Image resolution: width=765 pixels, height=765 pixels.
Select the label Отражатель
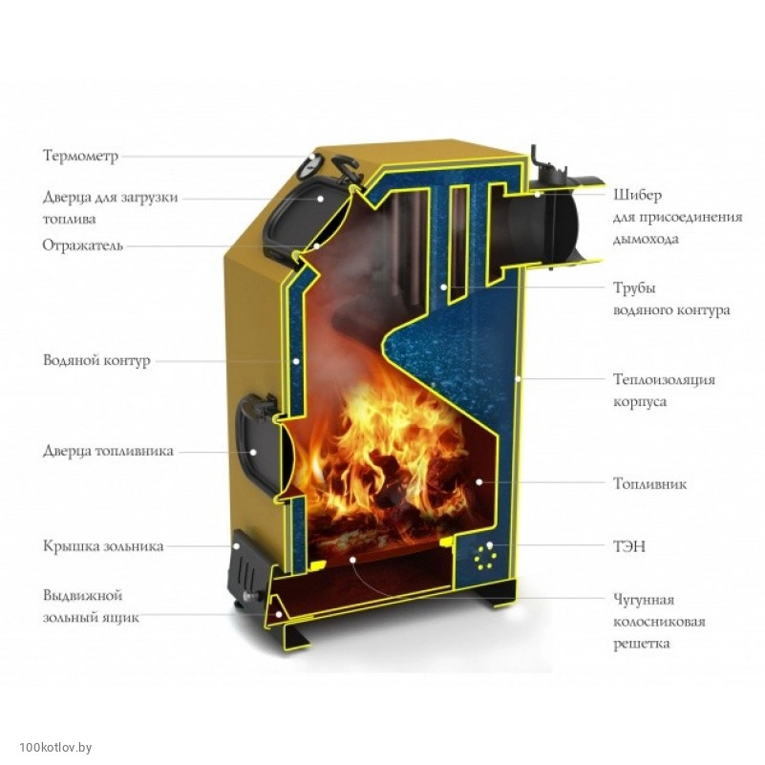(82, 245)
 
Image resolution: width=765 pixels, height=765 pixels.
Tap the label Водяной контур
(96, 361)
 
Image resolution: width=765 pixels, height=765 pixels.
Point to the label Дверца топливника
(107, 451)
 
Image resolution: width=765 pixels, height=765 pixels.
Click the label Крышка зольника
(102, 546)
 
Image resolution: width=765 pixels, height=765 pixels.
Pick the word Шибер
(637, 195)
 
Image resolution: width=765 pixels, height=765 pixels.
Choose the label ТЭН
(629, 546)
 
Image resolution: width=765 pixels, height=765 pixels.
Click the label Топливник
(649, 484)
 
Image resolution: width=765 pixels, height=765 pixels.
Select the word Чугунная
(644, 600)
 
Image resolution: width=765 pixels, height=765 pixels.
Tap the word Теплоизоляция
(664, 379)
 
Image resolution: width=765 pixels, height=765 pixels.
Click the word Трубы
(635, 287)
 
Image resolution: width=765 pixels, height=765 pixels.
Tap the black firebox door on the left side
(257, 444)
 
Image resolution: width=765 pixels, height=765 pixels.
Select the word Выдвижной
(82, 595)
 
